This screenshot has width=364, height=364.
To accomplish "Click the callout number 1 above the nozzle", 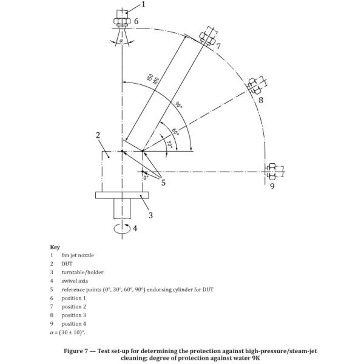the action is (x=143, y=4).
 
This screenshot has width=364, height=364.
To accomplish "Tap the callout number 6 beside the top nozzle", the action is (x=136, y=21).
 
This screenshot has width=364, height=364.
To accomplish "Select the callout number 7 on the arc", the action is (x=218, y=47).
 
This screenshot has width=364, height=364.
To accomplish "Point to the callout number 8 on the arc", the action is (x=261, y=100).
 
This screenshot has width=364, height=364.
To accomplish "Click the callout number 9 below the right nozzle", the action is (x=272, y=186).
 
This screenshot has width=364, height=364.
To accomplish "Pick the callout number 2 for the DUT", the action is (x=98, y=135).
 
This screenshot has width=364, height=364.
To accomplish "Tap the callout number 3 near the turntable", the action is (x=150, y=215).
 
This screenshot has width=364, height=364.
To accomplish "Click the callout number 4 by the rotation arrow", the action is (x=135, y=229).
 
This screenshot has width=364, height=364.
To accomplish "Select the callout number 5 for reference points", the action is (x=163, y=183).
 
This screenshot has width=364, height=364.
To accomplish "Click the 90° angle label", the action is (x=178, y=105).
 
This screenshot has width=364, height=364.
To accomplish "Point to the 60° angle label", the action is (x=175, y=132).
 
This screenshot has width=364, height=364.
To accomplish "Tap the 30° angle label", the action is (x=170, y=144).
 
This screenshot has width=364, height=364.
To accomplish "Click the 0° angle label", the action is (x=146, y=178).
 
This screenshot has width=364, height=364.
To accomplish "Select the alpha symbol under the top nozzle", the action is (x=121, y=41).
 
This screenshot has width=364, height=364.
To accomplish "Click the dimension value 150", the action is (x=150, y=77).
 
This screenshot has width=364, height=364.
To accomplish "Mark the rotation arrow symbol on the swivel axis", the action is (x=122, y=228).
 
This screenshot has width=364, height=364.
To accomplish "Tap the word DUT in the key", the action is (x=67, y=264).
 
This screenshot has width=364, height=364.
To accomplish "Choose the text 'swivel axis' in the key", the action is (x=75, y=281).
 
